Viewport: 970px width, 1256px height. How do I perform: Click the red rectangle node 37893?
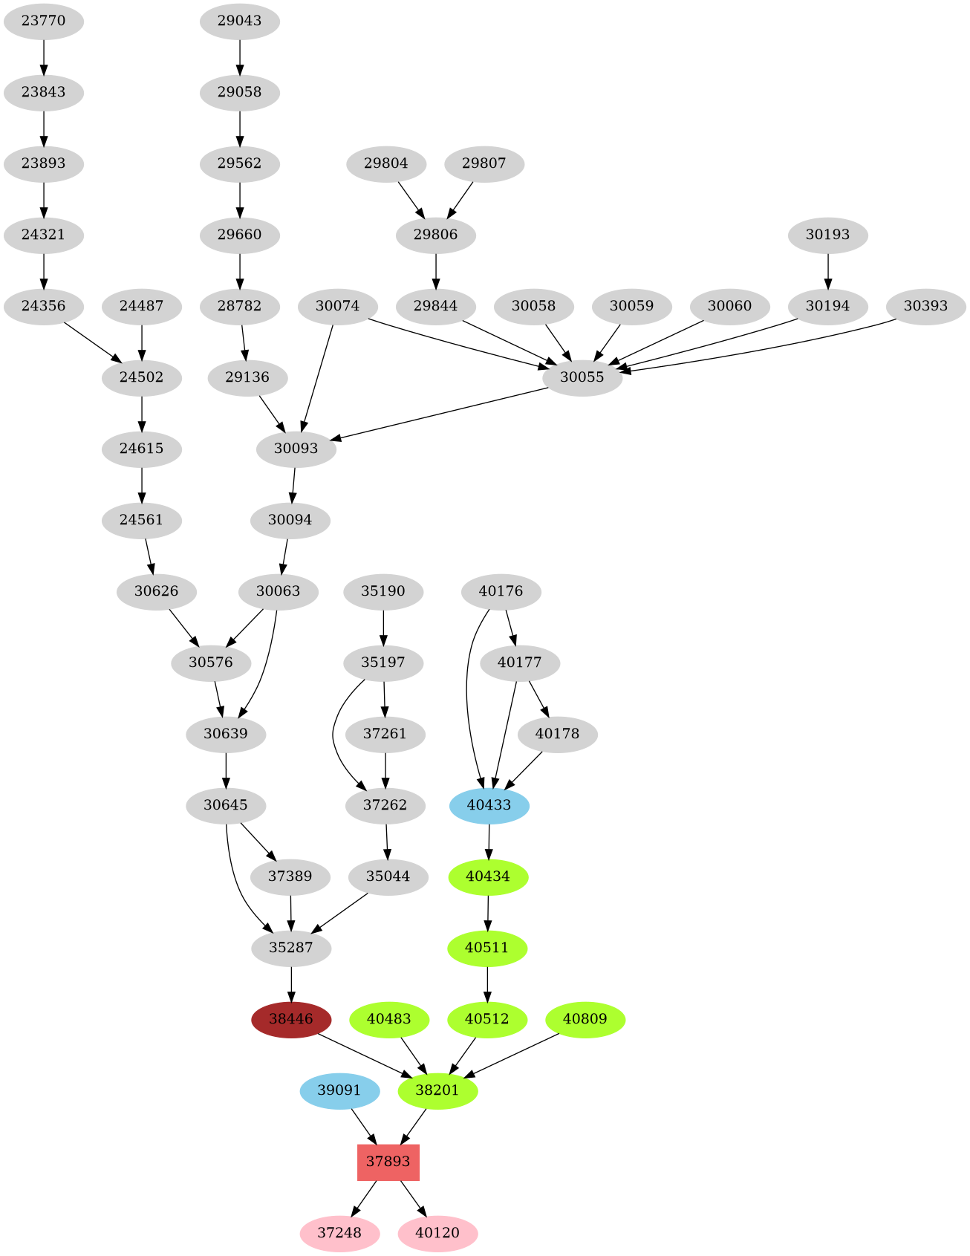click(388, 1162)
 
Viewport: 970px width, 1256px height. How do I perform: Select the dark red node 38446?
click(291, 1019)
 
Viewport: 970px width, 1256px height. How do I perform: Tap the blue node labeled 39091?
click(339, 1090)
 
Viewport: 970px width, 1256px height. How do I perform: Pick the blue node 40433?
click(489, 805)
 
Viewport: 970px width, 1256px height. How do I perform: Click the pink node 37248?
click(339, 1233)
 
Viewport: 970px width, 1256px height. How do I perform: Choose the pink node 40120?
click(437, 1233)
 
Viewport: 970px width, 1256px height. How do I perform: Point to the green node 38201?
click(437, 1090)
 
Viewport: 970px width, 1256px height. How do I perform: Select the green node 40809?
click(585, 1019)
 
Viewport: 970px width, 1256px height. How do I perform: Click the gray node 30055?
click(582, 377)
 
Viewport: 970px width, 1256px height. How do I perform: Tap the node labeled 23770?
click(43, 21)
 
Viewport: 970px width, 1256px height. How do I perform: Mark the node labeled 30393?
click(925, 306)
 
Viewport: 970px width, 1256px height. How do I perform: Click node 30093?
click(296, 449)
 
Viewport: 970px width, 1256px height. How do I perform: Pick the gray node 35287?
click(291, 948)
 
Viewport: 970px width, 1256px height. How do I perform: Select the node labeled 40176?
click(501, 592)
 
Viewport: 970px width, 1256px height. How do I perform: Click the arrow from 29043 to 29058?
click(240, 56)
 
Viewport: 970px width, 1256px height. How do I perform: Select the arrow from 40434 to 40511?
click(488, 912)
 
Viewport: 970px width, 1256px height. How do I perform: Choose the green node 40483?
click(388, 1019)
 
